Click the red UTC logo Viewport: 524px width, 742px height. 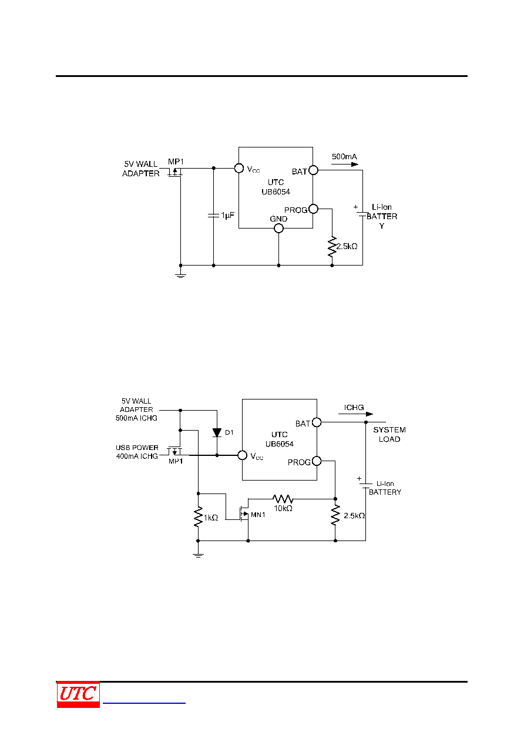(78, 694)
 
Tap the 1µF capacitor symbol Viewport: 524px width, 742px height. (213, 216)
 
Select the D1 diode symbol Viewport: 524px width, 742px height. (217, 432)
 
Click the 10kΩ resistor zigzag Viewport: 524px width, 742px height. (283, 499)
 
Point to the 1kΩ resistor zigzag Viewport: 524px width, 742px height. (198, 516)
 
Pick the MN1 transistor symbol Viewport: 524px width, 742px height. (244, 514)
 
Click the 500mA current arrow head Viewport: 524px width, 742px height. (354, 164)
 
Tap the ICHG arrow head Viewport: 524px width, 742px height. (370, 414)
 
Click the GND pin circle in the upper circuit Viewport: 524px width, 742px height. (278, 228)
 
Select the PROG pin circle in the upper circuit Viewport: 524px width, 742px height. (313, 209)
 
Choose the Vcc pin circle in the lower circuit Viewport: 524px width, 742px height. (243, 455)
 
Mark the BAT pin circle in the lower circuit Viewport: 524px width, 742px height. (317, 422)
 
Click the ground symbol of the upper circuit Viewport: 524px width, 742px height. (180, 276)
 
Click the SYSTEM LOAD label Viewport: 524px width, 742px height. (389, 434)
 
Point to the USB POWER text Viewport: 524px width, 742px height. (137, 448)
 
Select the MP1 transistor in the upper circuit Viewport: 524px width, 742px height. (175, 172)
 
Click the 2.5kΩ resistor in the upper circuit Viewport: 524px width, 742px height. (332, 247)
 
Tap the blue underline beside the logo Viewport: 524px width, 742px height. (144, 703)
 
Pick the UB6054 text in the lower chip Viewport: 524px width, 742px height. (280, 444)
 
